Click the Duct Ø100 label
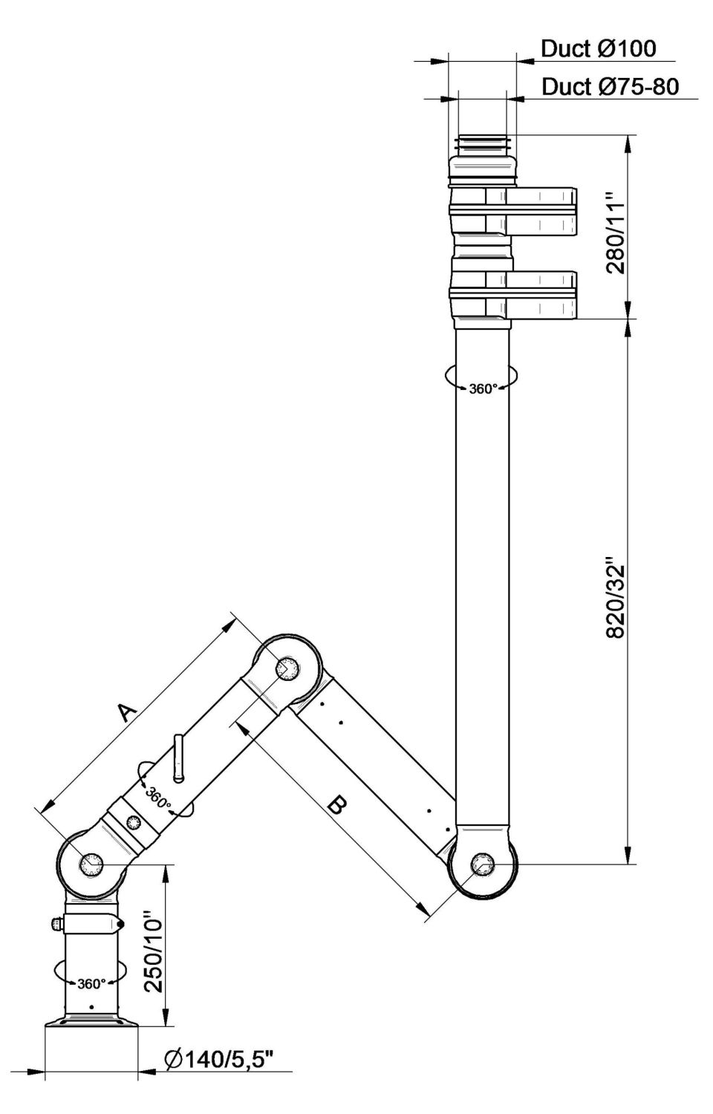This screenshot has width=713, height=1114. (598, 49)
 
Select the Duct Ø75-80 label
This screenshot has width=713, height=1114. (609, 87)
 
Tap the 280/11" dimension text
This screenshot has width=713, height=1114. (617, 233)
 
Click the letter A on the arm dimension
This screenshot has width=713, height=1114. (127, 713)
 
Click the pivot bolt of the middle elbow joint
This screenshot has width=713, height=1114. (285, 668)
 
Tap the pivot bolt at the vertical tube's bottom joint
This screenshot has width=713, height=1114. (483, 864)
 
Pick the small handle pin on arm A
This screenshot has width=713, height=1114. (178, 758)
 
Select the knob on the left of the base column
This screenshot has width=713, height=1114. (56, 924)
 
